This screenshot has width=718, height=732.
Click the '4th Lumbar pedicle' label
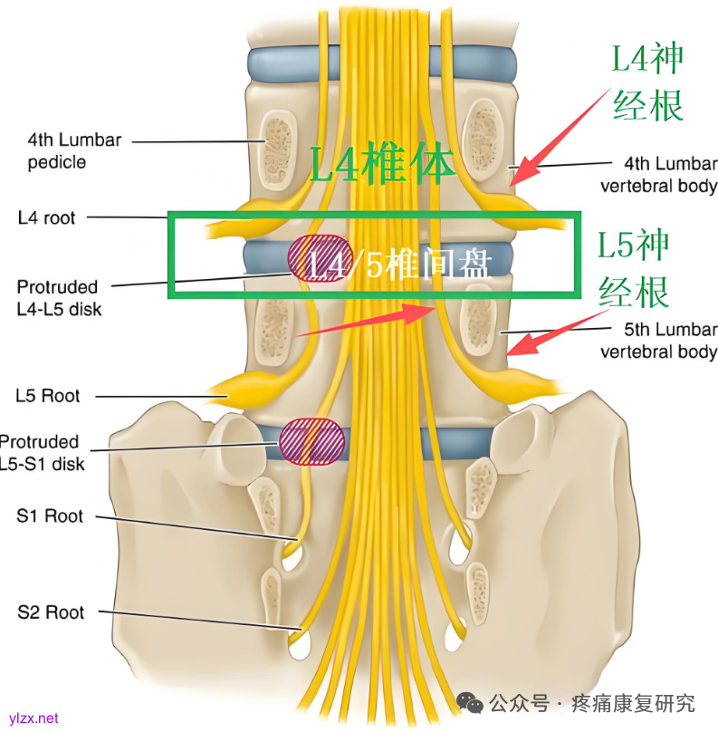click(74, 151)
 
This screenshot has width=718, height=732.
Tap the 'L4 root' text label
click(46, 217)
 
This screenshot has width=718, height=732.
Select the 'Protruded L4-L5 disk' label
click(60, 298)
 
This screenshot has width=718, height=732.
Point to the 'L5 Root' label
click(47, 396)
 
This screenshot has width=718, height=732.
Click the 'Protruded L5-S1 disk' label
click(43, 453)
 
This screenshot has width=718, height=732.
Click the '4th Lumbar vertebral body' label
click(658, 175)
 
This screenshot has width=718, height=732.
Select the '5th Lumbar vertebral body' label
click(658, 341)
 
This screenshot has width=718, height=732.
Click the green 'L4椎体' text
click(382, 164)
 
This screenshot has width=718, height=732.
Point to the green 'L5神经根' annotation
click(634, 268)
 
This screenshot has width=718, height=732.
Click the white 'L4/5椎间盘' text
click(398, 265)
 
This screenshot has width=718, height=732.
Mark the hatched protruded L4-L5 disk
click(316, 257)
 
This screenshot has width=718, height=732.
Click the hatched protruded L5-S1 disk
click(312, 441)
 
